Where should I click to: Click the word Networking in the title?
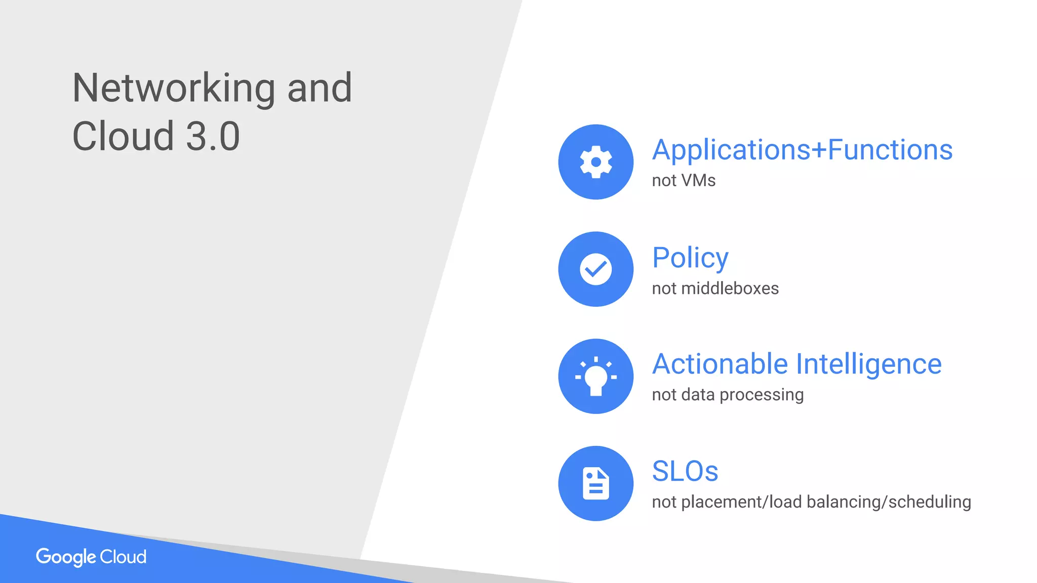[x=174, y=89]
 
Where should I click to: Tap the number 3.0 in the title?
[x=213, y=137]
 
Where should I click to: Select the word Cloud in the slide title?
[x=123, y=137]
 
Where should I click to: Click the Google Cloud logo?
[x=91, y=557]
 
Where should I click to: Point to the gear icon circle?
[x=596, y=162]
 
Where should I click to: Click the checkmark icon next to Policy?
[x=596, y=269]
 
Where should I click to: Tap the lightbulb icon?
[x=596, y=377]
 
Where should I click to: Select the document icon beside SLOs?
[x=596, y=483]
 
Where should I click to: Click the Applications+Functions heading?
[x=802, y=150]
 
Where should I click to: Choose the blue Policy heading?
[x=690, y=258]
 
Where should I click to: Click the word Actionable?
[x=720, y=364]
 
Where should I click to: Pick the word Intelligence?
[x=869, y=364]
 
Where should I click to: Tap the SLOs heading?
[x=685, y=471]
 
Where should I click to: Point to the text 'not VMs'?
[x=684, y=181]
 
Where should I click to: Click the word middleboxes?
[x=730, y=288]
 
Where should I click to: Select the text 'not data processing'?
[x=728, y=395]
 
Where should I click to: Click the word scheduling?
[x=930, y=502]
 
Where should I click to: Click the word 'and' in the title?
[x=320, y=89]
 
